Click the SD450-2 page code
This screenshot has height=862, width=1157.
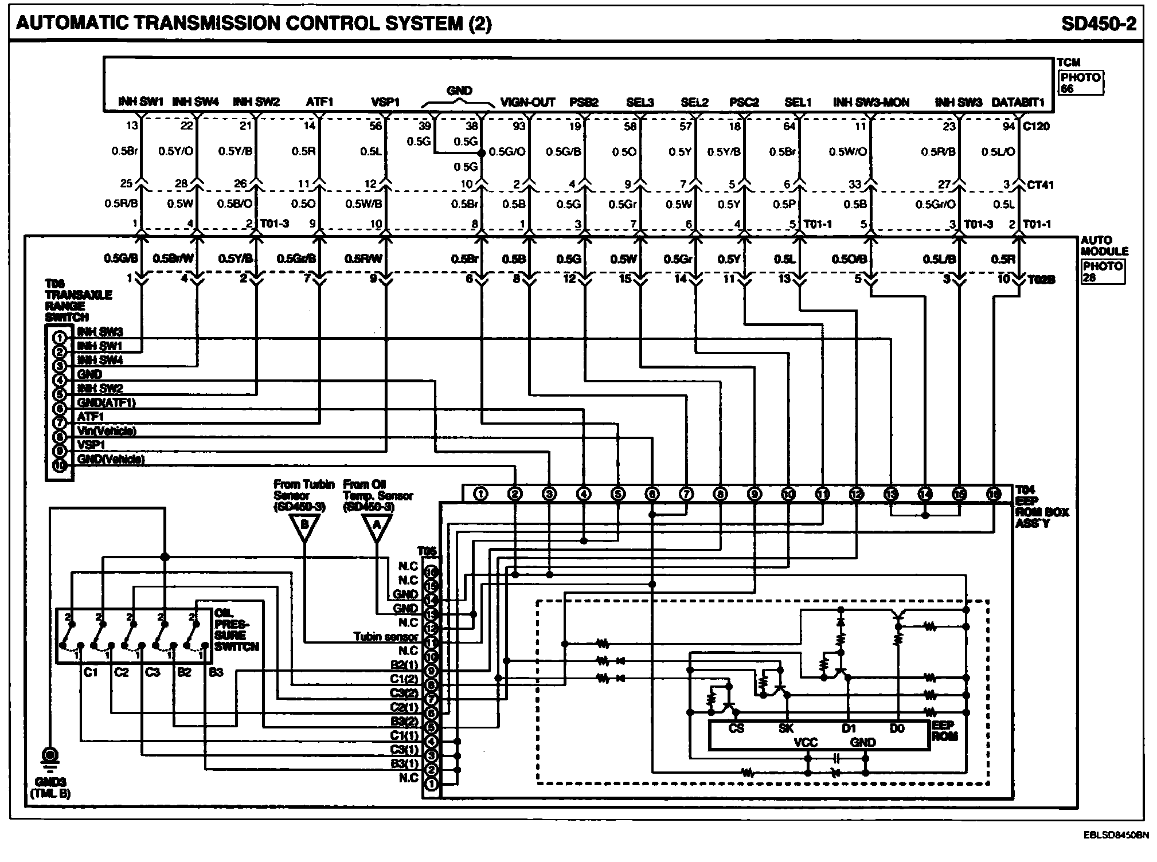1098,23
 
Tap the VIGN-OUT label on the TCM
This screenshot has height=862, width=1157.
527,103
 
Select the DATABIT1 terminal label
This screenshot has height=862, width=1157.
1018,103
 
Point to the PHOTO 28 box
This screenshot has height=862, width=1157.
1103,272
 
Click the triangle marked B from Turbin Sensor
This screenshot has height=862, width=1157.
304,526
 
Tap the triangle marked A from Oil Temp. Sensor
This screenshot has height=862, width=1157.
377,526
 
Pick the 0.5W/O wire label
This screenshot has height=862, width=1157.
847,152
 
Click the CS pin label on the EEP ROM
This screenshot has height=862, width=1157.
736,728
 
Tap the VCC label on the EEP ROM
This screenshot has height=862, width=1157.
806,743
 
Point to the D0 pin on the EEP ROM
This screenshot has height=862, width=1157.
897,728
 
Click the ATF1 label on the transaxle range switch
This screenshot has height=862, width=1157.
91,417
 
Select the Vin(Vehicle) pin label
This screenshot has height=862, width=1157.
107,431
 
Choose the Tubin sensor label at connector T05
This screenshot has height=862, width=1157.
386,637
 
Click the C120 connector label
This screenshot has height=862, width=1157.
1036,126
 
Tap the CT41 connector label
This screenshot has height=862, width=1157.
1039,185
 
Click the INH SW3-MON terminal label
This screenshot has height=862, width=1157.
871,103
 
